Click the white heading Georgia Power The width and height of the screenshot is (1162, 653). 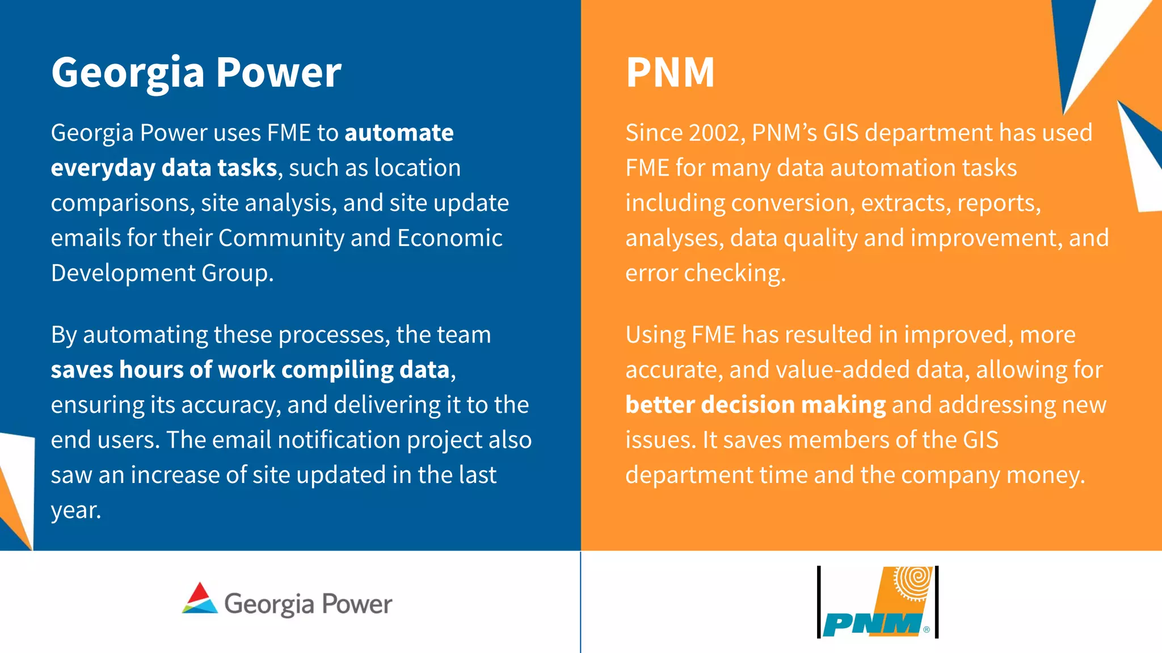196,73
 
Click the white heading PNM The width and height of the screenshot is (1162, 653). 670,73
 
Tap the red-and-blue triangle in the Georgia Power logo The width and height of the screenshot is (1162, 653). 200,598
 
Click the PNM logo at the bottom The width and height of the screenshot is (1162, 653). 877,603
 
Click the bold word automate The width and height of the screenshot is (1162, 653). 399,133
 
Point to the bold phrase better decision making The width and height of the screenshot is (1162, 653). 755,405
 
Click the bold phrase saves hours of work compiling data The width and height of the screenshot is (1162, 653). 250,370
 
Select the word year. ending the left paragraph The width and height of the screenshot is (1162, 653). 76,510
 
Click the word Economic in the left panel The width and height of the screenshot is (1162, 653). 449,238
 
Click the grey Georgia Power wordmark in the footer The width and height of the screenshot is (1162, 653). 308,604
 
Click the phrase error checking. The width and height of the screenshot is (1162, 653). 705,273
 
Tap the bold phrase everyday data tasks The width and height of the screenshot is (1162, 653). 163,168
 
